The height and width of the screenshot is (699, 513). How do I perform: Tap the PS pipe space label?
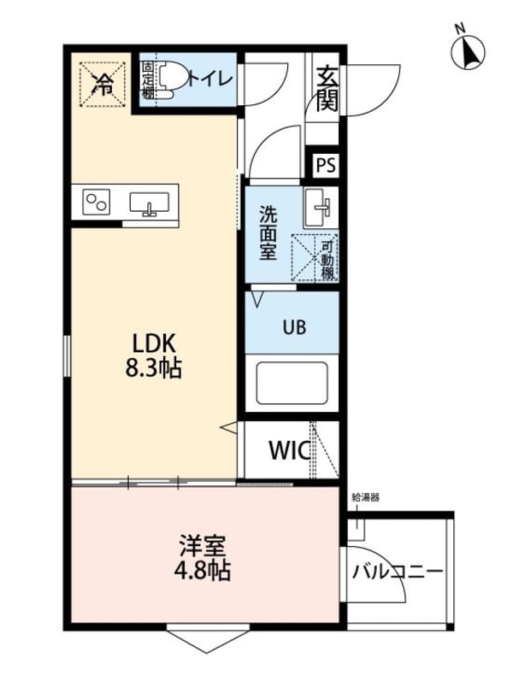click(326, 166)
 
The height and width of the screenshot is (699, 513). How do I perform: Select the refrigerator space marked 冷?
click(102, 85)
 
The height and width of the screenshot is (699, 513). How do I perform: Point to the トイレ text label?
click(210, 79)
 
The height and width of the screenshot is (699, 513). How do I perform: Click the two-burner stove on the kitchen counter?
click(97, 202)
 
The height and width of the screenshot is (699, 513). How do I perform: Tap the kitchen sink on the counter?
click(149, 203)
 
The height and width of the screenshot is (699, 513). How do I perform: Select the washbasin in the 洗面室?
click(318, 208)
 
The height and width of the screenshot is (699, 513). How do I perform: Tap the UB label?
click(294, 327)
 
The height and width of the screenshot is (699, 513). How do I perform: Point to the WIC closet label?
click(289, 450)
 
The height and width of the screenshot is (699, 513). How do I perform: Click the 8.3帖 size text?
click(153, 368)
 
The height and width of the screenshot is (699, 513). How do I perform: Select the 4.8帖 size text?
click(202, 570)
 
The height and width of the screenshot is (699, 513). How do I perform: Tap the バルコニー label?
click(398, 571)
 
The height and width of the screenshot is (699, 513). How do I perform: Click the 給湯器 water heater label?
click(366, 497)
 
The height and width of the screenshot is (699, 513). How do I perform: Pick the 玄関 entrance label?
click(327, 90)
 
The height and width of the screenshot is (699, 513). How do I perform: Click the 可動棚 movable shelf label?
click(327, 260)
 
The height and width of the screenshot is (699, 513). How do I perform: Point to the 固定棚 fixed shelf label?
click(148, 79)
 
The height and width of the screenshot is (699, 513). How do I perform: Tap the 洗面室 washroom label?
click(268, 233)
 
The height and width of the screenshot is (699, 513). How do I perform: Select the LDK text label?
click(153, 344)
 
